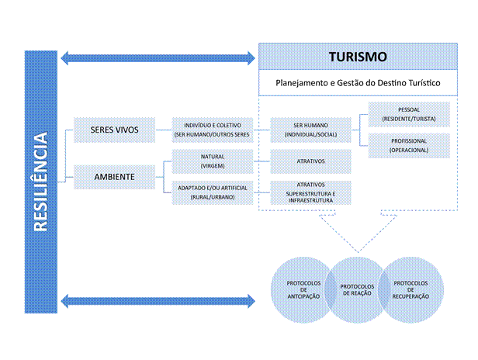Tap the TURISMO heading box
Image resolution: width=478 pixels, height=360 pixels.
[358, 57]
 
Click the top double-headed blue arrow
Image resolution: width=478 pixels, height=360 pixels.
[158, 57]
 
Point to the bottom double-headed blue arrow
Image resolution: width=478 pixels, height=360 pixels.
[158, 299]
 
